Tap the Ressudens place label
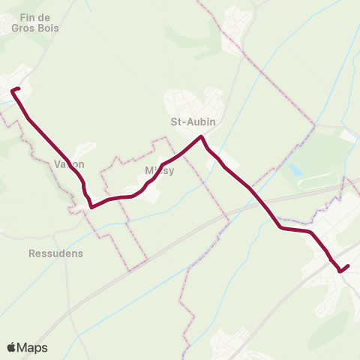[55, 253]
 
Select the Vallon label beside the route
[69, 164]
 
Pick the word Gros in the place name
[23, 28]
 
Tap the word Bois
[48, 28]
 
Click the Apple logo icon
[11, 347]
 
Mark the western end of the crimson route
[13, 91]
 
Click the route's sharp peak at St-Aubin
[201, 136]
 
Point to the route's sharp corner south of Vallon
[91, 206]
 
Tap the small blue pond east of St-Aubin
[295, 171]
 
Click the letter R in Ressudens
[32, 253]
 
